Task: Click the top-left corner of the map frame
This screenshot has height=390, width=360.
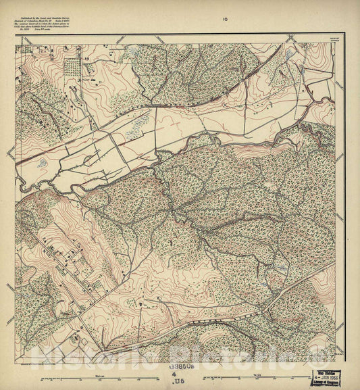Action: pos(16,45)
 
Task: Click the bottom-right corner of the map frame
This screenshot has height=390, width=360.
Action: pos(336,361)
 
